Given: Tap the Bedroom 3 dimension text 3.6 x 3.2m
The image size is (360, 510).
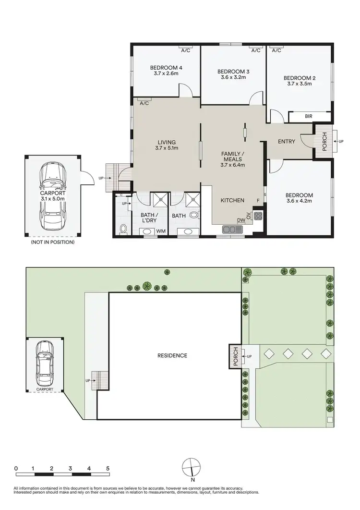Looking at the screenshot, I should (233, 77).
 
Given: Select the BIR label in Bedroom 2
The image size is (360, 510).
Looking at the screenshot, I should (309, 116).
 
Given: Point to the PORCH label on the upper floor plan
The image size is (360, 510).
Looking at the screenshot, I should (324, 142).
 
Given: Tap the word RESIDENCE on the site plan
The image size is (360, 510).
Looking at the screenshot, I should (172, 356).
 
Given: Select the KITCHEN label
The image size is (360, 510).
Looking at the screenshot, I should (232, 200).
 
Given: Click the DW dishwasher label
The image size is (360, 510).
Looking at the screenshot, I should (240, 220).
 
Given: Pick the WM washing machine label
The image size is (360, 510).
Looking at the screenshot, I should (161, 232).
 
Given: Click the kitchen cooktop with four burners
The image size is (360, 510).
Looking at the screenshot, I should (258, 216).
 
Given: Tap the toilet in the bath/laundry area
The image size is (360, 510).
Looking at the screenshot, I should (123, 229).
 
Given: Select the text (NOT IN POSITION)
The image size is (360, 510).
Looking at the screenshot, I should (52, 242).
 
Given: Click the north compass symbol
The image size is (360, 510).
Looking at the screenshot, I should (192, 466).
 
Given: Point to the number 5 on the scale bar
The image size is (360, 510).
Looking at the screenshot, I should (108, 468).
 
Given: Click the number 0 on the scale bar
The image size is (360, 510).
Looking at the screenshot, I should (16, 468).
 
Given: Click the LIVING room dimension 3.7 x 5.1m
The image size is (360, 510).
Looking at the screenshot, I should (167, 149).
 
